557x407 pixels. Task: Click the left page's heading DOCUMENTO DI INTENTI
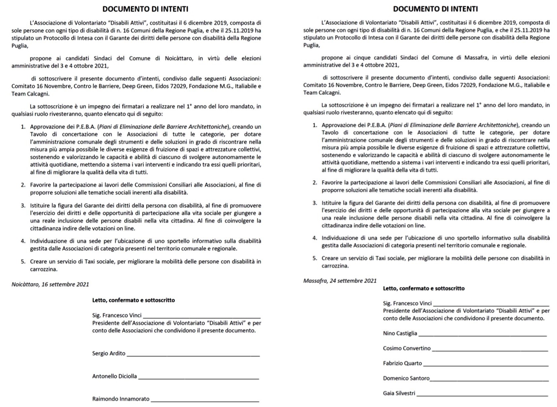145,9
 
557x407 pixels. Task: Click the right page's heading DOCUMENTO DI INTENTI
435,9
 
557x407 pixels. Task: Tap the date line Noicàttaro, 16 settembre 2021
50,284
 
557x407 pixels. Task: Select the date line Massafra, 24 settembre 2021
340,281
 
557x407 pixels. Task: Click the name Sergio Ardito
109,353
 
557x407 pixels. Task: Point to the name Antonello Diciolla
115,376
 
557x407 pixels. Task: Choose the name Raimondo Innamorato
121,399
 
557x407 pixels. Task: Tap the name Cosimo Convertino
407,348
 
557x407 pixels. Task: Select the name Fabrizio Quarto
402,363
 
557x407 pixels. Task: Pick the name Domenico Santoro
406,378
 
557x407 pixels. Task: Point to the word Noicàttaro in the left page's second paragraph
179,58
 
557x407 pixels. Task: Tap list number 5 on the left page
23,261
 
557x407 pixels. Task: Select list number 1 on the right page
315,125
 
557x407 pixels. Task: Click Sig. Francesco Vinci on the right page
407,303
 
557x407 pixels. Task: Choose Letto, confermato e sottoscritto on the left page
133,300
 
